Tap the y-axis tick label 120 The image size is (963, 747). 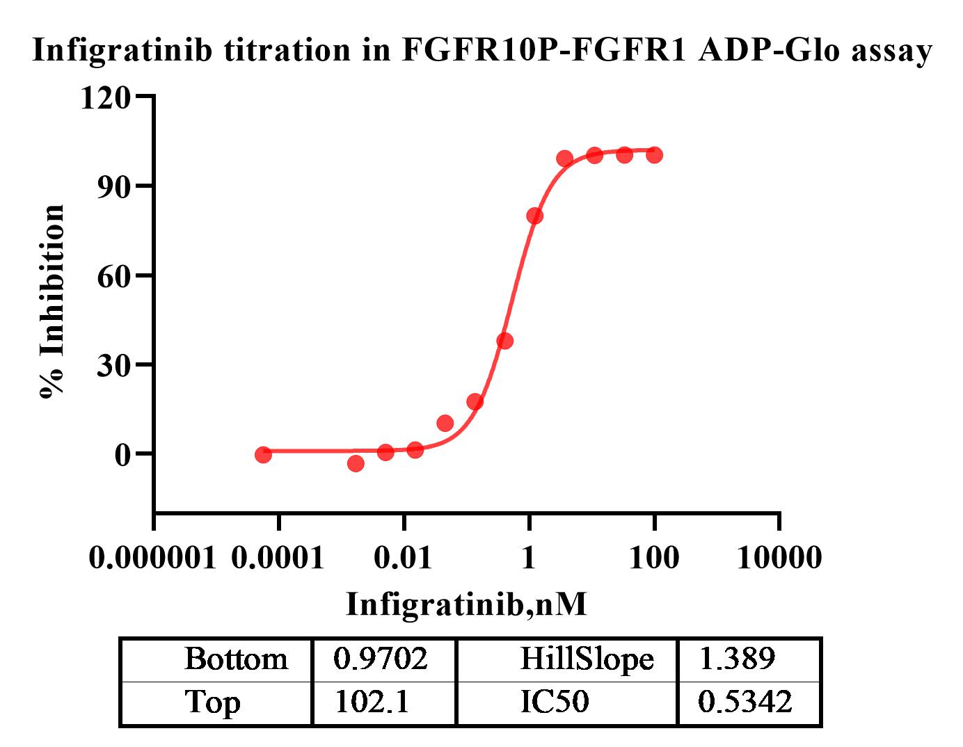(x=106, y=98)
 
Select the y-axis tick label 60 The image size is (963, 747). (x=114, y=276)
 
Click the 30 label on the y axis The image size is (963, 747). (x=114, y=365)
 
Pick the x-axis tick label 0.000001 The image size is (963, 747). (x=153, y=558)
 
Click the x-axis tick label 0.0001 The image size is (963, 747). (x=278, y=558)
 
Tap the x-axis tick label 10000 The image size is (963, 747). (x=779, y=558)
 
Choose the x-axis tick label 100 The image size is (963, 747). (x=654, y=558)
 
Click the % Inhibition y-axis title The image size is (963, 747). (x=52, y=302)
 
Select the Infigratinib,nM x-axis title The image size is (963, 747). (x=466, y=604)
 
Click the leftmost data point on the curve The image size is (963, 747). (x=263, y=454)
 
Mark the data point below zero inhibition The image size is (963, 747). (x=356, y=463)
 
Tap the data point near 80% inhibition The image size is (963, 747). (x=534, y=216)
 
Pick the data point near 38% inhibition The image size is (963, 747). (x=505, y=341)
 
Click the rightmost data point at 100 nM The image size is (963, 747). (x=654, y=154)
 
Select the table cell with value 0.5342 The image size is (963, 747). (x=745, y=702)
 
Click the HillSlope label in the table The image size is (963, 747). (x=587, y=659)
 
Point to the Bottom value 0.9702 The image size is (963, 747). (x=381, y=659)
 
